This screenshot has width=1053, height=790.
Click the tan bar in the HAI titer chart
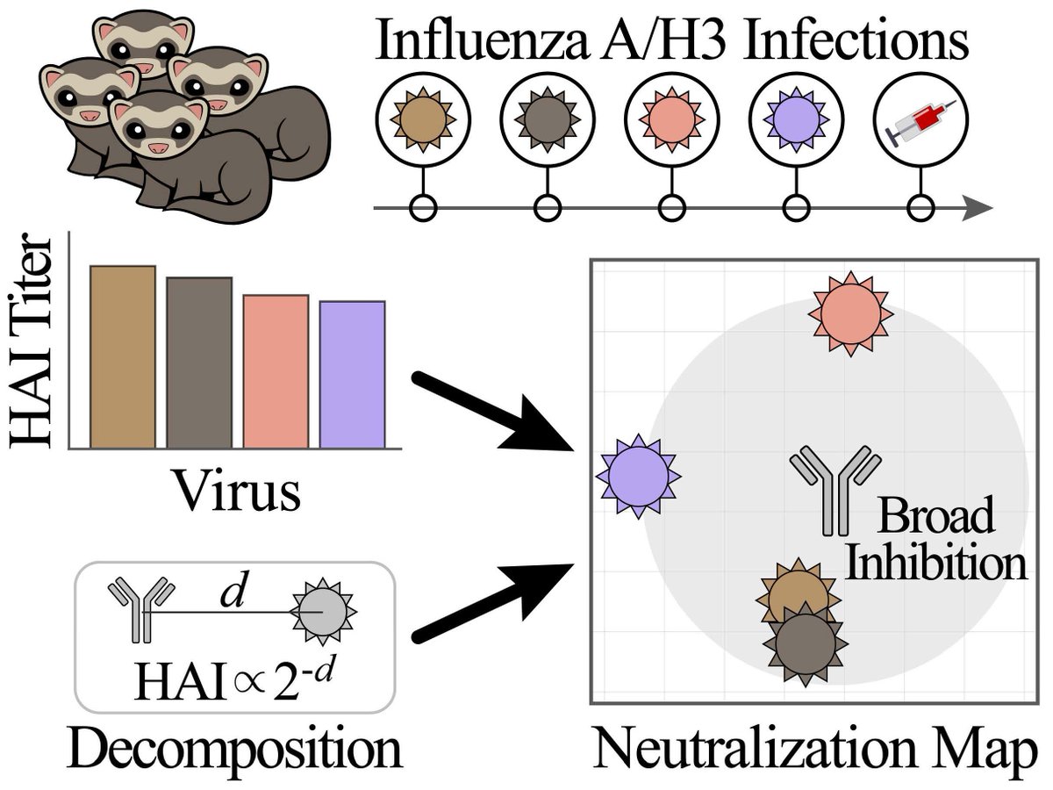coord(122,356)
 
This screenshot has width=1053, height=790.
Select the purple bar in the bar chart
coord(352,375)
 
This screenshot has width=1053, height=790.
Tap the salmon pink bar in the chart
coord(276,371)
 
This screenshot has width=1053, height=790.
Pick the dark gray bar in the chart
coord(199,363)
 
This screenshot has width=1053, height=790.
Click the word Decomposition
coord(234,752)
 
